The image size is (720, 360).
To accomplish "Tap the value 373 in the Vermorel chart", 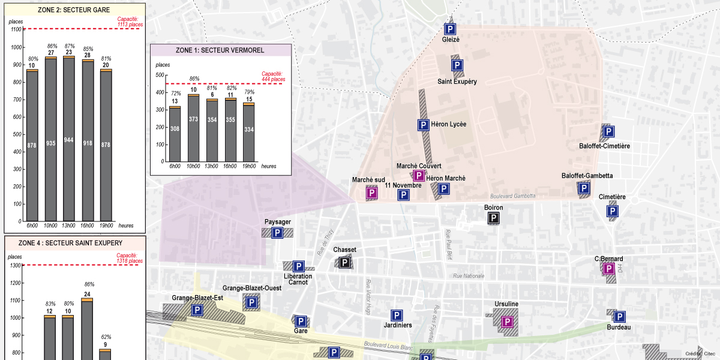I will (x=193, y=119).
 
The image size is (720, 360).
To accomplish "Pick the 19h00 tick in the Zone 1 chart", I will (x=248, y=166).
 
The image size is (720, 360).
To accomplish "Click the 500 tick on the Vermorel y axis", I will (x=160, y=75).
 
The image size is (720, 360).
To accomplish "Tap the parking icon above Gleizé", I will (x=450, y=29).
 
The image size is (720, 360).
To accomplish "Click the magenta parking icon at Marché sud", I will (x=372, y=193).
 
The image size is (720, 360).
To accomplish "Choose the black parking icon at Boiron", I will (x=493, y=219).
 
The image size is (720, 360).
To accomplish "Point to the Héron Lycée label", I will (x=449, y=125).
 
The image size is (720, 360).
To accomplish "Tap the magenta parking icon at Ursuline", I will (x=507, y=322).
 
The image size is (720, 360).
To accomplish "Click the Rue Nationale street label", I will (x=469, y=276).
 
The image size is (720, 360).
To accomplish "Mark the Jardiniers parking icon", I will (x=396, y=315).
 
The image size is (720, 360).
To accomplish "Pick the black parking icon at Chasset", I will (x=344, y=262).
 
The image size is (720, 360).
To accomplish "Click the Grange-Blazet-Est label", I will (x=197, y=298).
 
